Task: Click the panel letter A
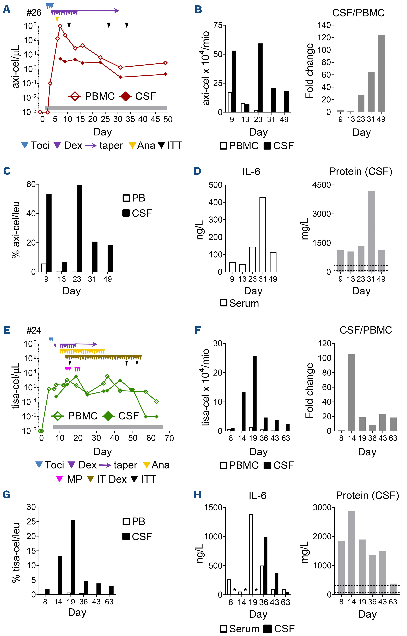[7, 9]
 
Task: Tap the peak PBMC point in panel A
[60, 26]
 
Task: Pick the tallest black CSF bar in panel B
[260, 77]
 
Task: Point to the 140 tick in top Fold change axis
[324, 25]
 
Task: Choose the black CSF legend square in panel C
[126, 213]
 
